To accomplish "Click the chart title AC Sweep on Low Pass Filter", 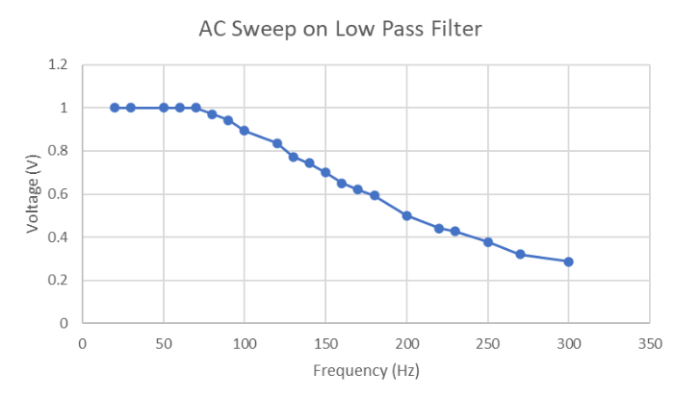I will point(340,29).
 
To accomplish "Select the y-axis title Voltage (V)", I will point(35,193).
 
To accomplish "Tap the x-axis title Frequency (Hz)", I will point(366,370).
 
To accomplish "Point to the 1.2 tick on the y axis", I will point(59,65).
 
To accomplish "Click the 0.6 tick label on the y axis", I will point(59,194).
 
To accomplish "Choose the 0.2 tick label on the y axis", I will point(59,281).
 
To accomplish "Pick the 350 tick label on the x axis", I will point(650,341).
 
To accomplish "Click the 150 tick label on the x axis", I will point(325,341).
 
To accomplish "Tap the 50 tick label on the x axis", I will point(164,341).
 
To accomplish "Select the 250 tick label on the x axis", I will point(487,341).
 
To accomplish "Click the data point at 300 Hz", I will point(568,261).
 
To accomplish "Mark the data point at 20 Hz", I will point(115,108).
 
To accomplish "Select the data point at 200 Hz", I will point(406,215).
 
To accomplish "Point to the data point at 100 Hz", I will point(245,131).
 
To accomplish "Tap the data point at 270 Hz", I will point(520,254).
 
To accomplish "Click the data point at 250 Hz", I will point(488,242).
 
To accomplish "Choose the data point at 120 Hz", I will point(277,143).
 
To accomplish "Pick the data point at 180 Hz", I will point(375,195).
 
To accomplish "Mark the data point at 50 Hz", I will point(164,108).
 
